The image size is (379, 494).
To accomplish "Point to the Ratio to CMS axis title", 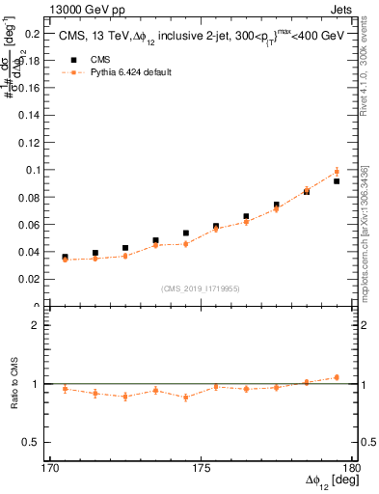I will point(14,384).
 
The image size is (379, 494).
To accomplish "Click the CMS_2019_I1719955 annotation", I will point(200,288).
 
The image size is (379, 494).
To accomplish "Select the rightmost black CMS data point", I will point(337,181).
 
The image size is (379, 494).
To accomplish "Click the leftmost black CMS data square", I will point(65,258).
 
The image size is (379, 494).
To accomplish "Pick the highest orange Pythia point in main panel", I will point(337,172).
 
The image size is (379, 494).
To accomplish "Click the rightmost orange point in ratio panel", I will point(337,377).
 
